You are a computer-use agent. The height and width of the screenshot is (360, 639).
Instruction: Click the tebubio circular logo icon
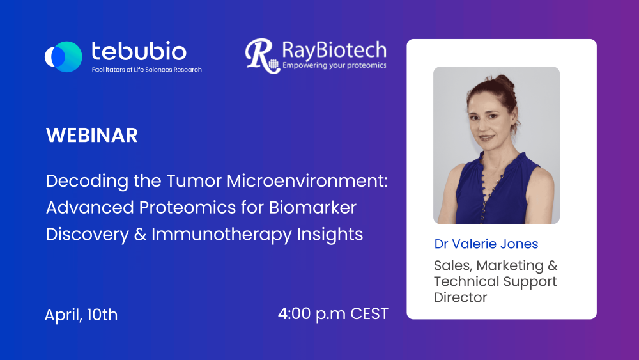(x=63, y=57)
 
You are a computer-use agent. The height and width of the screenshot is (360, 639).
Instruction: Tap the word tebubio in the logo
(x=139, y=52)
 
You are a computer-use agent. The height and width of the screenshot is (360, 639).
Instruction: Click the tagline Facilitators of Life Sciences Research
(x=147, y=70)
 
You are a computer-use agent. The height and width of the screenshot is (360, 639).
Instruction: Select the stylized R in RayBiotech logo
(x=261, y=56)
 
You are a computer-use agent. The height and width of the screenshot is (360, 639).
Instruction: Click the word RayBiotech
(x=334, y=50)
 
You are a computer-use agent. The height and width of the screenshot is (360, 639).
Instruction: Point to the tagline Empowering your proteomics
(x=334, y=65)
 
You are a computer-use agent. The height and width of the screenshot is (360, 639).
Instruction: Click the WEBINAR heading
(x=91, y=136)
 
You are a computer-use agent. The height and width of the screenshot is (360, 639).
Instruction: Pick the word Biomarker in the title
(x=312, y=208)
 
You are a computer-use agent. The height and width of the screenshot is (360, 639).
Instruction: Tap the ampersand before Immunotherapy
(x=140, y=235)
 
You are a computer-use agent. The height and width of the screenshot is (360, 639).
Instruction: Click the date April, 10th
(x=81, y=315)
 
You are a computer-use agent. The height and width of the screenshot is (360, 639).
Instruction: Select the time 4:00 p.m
(x=312, y=314)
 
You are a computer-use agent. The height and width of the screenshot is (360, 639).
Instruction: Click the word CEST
(x=369, y=314)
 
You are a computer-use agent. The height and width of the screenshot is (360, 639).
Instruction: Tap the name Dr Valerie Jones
(x=486, y=244)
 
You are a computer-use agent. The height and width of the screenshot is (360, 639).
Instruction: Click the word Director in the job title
(x=461, y=297)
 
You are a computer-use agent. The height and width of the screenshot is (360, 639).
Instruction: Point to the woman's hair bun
(x=505, y=81)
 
